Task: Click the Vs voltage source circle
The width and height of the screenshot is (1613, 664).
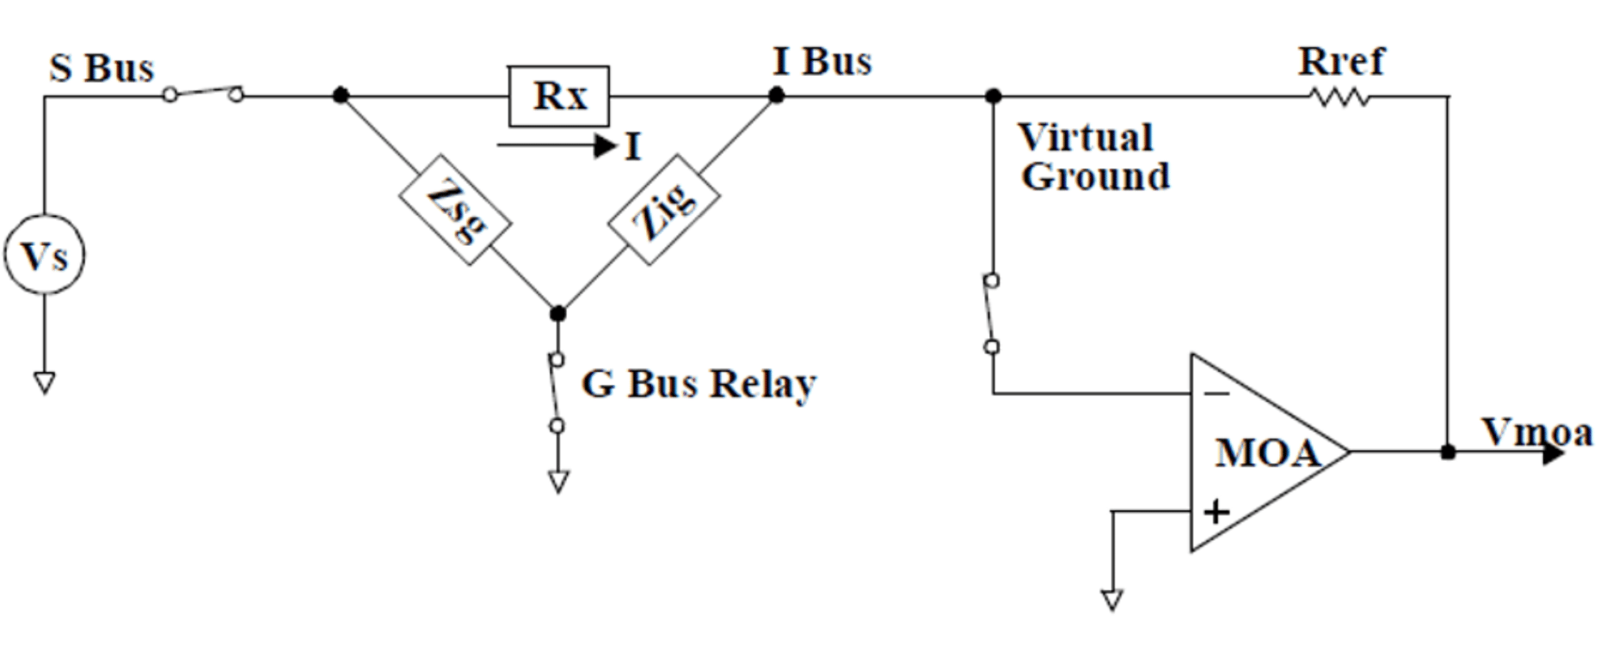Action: (45, 255)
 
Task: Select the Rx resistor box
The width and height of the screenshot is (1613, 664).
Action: (559, 95)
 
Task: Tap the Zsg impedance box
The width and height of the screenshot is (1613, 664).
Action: (456, 210)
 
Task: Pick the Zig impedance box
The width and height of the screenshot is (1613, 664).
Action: (663, 210)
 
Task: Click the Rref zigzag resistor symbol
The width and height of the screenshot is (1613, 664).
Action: (1339, 97)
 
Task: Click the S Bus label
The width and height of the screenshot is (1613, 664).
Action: (102, 68)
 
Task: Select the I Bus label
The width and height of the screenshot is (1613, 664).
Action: (822, 61)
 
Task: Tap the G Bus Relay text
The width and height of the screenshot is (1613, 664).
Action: (699, 384)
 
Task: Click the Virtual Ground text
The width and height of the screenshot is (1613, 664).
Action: (1093, 157)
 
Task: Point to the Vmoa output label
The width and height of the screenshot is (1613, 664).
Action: (1536, 432)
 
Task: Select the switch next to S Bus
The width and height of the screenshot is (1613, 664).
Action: (204, 93)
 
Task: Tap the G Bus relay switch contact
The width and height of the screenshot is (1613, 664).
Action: (557, 392)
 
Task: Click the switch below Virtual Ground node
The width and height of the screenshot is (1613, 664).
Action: (992, 314)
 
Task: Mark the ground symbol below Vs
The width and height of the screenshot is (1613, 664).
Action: (45, 382)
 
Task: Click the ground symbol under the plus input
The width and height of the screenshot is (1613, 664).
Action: (1111, 599)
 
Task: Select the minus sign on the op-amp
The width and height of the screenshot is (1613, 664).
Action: (1216, 394)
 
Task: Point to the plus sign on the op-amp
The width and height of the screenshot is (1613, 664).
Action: (1216, 513)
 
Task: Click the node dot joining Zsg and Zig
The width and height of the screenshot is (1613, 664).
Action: (558, 313)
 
